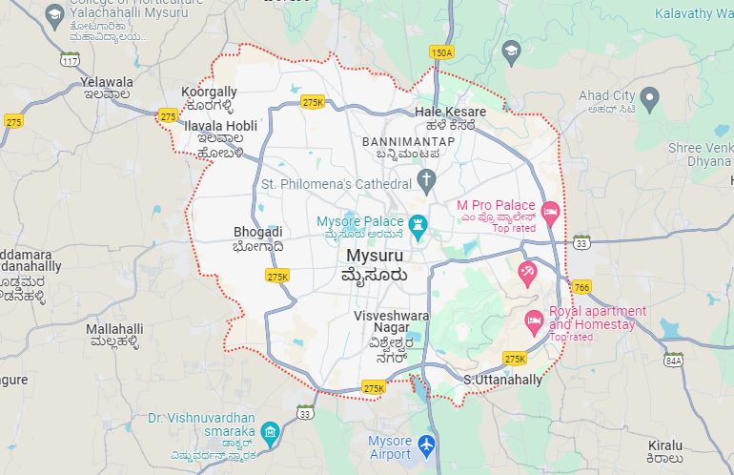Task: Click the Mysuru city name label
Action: point(375,257)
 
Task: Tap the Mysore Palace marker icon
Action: point(417,222)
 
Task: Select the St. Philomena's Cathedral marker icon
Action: point(427,181)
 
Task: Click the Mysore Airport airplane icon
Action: point(426,445)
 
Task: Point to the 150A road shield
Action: point(440,52)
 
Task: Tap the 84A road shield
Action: point(674,361)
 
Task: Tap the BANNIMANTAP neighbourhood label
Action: point(409,141)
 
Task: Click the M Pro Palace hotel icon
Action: point(549,210)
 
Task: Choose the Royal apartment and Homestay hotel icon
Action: point(534,318)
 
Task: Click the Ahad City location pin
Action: point(649,96)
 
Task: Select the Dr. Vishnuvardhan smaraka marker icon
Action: point(270,431)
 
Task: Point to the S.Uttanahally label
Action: point(502,380)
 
